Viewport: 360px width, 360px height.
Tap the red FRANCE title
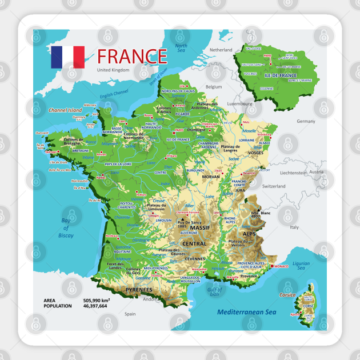point(131,57)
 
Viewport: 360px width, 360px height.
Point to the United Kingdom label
point(113,70)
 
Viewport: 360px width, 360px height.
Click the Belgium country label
point(213,87)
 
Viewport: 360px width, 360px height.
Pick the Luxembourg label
point(239,105)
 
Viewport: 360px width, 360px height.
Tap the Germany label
point(306,121)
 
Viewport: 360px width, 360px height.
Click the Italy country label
point(294,227)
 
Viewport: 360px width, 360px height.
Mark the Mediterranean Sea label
point(246,312)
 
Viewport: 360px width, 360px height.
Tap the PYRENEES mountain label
point(139,290)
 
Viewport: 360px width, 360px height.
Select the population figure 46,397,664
point(95,306)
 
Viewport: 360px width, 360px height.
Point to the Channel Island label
point(66,110)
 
